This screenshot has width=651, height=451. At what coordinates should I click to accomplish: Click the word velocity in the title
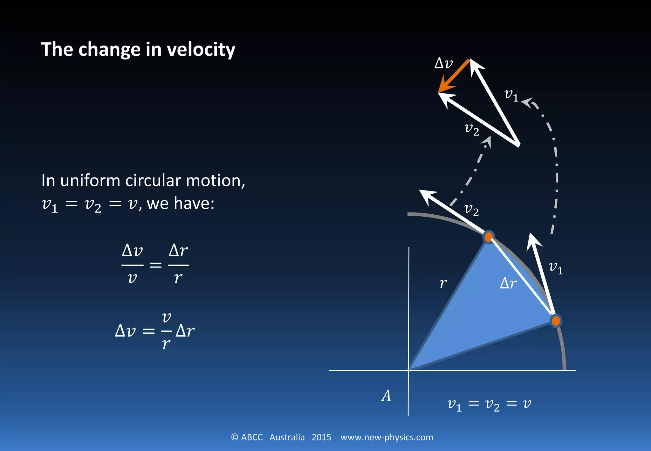tap(201, 50)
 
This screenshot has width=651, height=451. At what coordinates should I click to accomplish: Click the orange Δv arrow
tap(454, 76)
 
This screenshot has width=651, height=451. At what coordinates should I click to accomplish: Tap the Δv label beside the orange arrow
tap(443, 63)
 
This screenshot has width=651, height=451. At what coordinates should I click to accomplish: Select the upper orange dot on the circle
tap(489, 237)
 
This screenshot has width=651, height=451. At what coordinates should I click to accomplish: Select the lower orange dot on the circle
tap(556, 321)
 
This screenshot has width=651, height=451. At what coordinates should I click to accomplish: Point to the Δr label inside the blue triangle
tap(508, 283)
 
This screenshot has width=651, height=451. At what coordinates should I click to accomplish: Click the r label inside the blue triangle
tap(443, 283)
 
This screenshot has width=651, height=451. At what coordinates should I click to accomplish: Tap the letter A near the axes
tap(386, 396)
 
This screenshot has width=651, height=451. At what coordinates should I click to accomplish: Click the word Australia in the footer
tap(287, 437)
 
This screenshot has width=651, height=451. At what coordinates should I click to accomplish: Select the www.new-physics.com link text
tap(387, 437)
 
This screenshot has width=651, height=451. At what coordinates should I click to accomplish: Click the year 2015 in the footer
tap(321, 437)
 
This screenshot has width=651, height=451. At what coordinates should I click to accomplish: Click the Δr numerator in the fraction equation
tap(178, 251)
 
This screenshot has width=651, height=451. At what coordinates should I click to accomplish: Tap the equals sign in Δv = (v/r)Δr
tap(148, 331)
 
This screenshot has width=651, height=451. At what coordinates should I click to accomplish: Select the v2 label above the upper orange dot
tap(471, 210)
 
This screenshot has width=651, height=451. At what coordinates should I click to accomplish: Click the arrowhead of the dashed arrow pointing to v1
tap(527, 102)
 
